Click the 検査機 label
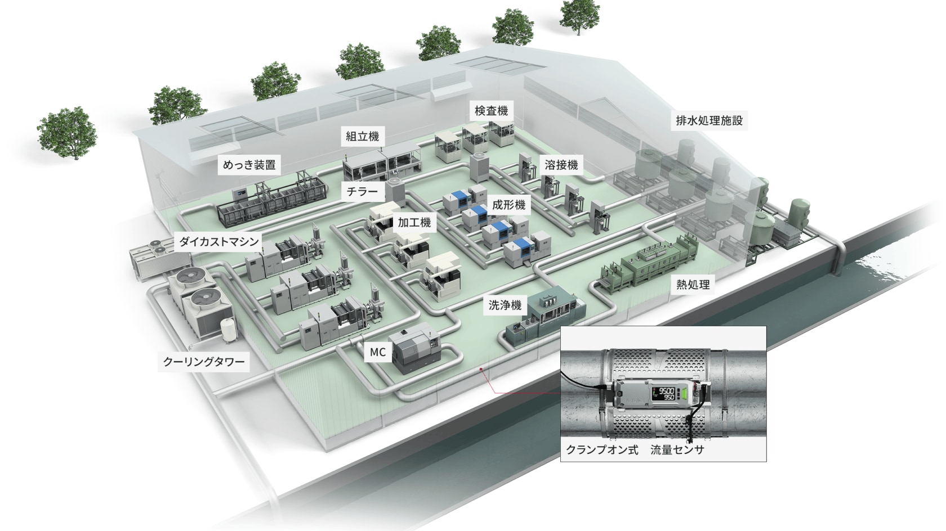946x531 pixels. tap(491, 110)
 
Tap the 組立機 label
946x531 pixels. tap(362, 136)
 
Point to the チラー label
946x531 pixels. tap(363, 192)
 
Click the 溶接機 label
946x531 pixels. tap(561, 165)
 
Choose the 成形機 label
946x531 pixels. tap(508, 205)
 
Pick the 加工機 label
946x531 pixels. tap(414, 223)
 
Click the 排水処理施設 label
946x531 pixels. tap(709, 120)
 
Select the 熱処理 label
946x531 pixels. tap(693, 285)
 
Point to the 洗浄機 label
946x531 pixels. tap(505, 305)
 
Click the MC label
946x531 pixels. tap(378, 353)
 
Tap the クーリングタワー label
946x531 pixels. tap(204, 362)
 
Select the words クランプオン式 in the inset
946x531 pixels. tap(601, 450)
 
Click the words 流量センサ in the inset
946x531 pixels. tap(677, 450)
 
